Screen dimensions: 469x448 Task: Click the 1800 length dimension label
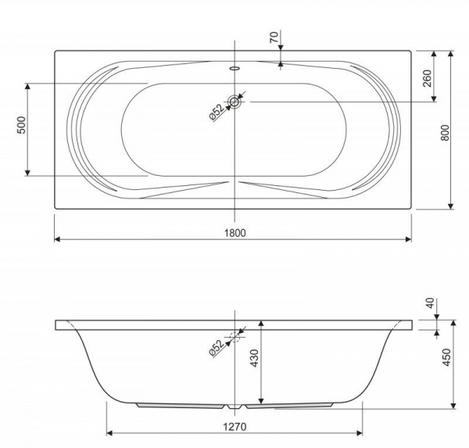tap(235, 232)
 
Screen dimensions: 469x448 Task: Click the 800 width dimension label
tap(445, 133)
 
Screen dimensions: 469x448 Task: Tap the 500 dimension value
tap(22, 125)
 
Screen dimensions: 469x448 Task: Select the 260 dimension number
tap(428, 78)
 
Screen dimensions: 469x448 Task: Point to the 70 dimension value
tap(274, 37)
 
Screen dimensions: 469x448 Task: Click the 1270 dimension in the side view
tap(235, 426)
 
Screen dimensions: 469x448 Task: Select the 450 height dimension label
tap(446, 357)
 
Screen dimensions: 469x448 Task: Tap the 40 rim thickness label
tap(430, 303)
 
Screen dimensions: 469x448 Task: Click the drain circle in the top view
tap(234, 102)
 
